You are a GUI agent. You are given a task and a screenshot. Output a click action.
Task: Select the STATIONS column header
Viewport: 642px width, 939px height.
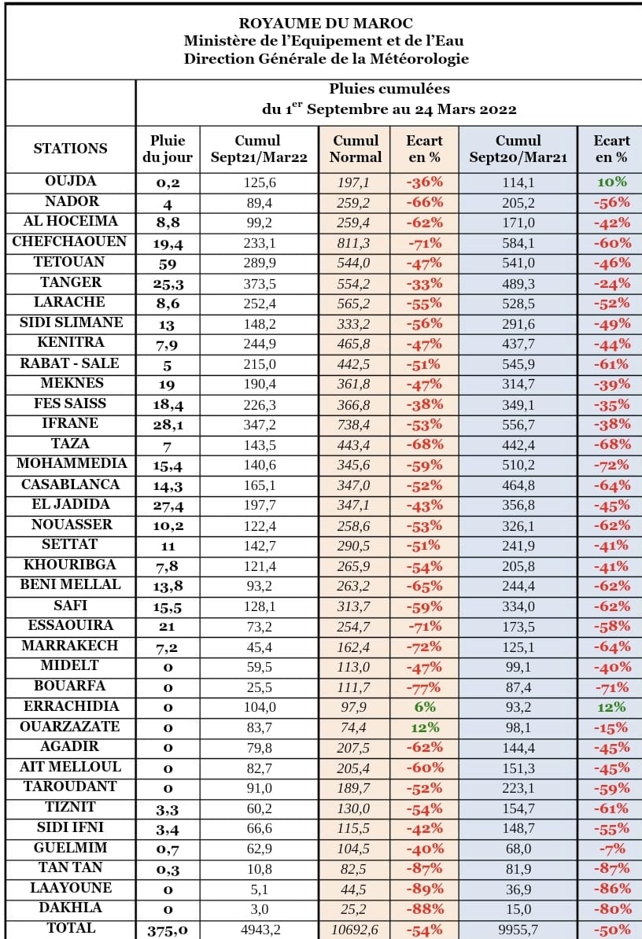70,148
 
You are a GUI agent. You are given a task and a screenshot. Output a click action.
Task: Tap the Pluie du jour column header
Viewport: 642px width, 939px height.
168,149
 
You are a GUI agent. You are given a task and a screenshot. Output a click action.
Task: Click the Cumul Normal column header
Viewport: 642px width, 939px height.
355,149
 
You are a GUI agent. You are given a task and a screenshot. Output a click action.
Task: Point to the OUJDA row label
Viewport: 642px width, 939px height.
70,181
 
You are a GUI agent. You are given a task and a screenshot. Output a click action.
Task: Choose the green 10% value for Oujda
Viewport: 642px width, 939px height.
611,182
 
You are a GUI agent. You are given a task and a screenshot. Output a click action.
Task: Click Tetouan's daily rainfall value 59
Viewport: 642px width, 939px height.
168,263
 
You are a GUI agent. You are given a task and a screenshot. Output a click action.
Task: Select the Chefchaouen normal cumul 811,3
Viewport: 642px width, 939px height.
355,242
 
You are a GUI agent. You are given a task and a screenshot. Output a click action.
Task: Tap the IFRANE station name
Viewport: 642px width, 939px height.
70,423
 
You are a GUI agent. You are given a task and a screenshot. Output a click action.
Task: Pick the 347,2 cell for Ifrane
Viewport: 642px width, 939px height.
260,424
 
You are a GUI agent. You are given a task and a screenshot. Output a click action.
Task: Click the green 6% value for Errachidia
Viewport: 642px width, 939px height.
425,706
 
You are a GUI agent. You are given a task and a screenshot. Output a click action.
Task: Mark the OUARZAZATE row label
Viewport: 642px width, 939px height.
70,726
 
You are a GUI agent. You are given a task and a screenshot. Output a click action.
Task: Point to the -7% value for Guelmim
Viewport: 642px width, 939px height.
611,848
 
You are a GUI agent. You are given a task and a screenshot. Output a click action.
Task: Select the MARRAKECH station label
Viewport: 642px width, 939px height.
70,645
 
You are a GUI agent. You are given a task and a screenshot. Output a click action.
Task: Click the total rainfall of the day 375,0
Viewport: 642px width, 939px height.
168,930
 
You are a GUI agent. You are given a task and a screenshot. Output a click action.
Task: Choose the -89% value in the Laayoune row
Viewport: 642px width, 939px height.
425,889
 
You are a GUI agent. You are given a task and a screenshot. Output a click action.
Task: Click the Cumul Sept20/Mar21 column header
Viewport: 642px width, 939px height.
518,149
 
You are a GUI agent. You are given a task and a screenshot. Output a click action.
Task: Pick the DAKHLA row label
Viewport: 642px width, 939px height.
70,908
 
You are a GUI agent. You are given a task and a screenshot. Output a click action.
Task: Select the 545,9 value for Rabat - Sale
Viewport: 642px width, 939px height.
518,364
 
